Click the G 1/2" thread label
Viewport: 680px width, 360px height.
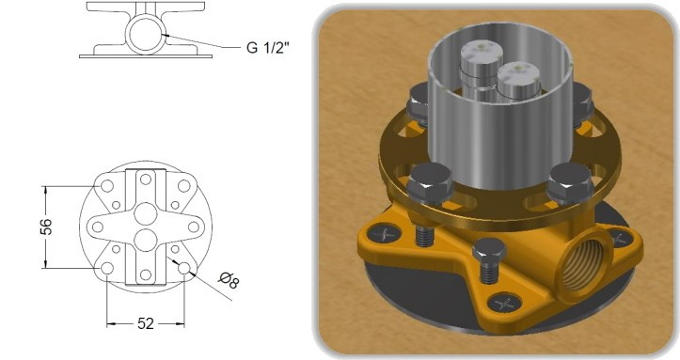point(267,47)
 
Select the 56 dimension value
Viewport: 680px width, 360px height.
point(46,227)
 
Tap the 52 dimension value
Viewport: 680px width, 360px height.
point(146,323)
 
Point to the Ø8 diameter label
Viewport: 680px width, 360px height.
point(229,280)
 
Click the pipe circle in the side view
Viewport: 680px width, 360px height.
point(146,34)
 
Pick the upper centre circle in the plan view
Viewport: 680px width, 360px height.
point(146,214)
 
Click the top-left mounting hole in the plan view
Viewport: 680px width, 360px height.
point(107,186)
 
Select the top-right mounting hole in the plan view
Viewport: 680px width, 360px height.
point(184,186)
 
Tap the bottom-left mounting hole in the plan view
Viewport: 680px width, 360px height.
point(107,269)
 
